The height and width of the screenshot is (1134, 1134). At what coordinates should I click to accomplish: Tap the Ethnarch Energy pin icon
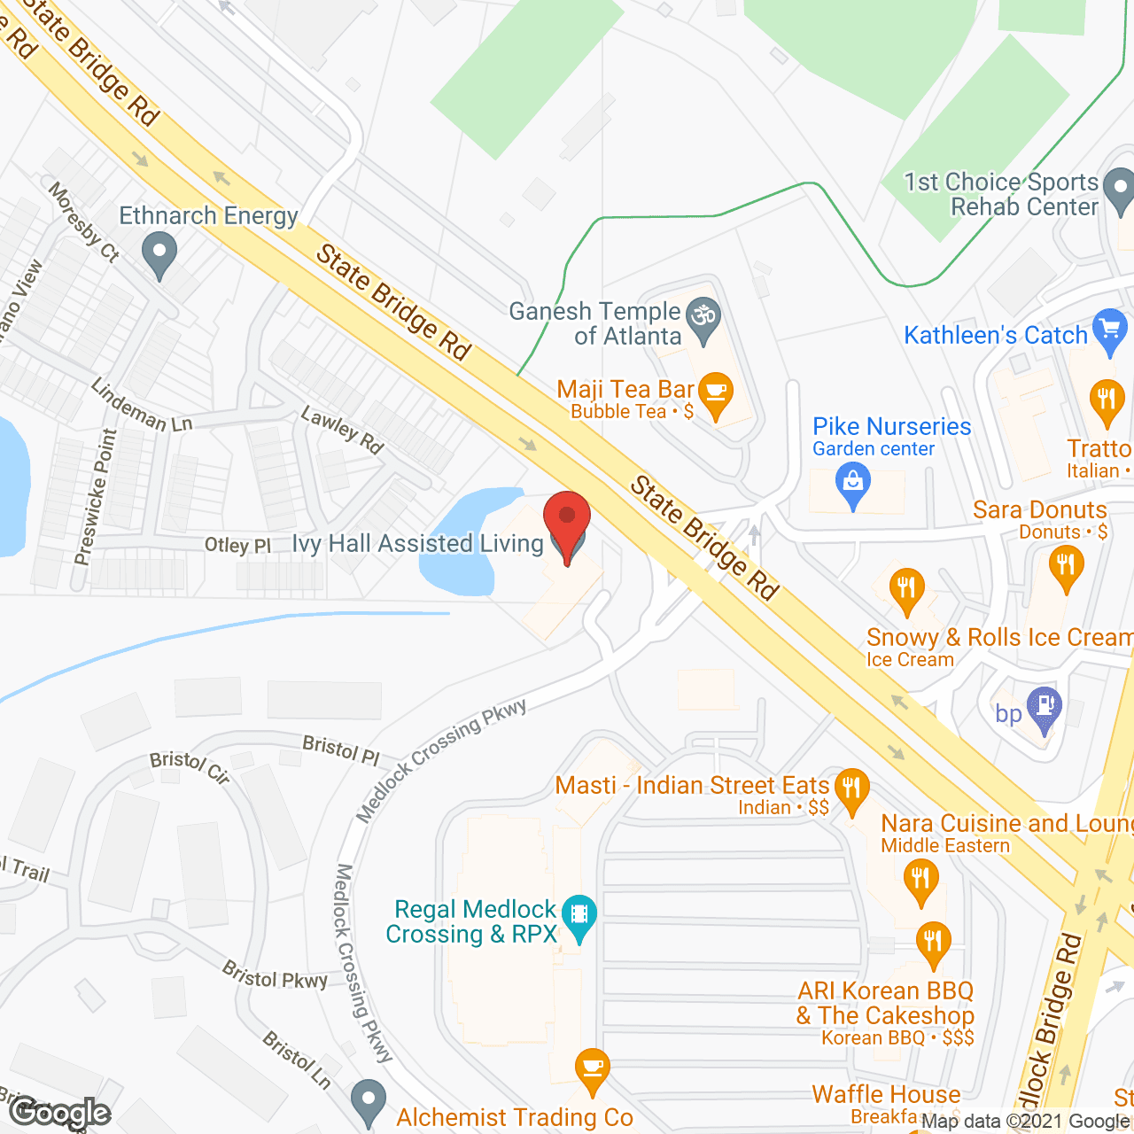(x=159, y=252)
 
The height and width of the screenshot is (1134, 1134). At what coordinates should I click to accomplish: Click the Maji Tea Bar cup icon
(x=716, y=393)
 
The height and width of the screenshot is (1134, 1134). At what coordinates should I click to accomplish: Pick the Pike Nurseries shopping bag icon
(x=853, y=484)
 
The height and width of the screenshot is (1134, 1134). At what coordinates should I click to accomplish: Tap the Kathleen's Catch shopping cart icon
(x=1109, y=330)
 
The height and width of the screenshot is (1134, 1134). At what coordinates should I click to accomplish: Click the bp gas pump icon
(x=1045, y=708)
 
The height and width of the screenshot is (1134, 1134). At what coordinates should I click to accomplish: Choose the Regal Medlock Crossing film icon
(x=579, y=914)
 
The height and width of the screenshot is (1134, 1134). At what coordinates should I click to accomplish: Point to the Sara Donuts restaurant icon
(x=1065, y=565)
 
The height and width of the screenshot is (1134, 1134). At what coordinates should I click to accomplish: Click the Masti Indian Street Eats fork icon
(x=851, y=788)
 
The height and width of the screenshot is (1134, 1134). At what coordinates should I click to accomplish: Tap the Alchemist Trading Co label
(x=515, y=1117)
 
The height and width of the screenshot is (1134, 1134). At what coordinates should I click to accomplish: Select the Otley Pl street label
(x=237, y=545)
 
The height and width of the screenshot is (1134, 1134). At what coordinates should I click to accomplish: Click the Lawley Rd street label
(x=342, y=430)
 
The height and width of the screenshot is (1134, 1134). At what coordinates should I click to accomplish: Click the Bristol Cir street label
(x=190, y=766)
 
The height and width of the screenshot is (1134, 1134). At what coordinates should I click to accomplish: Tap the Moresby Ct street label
(x=83, y=221)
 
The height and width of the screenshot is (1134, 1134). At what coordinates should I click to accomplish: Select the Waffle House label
(x=886, y=1094)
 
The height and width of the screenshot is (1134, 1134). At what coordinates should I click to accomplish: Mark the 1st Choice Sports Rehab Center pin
(x=1120, y=190)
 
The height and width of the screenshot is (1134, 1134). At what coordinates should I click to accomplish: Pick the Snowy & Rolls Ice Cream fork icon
(x=906, y=588)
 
